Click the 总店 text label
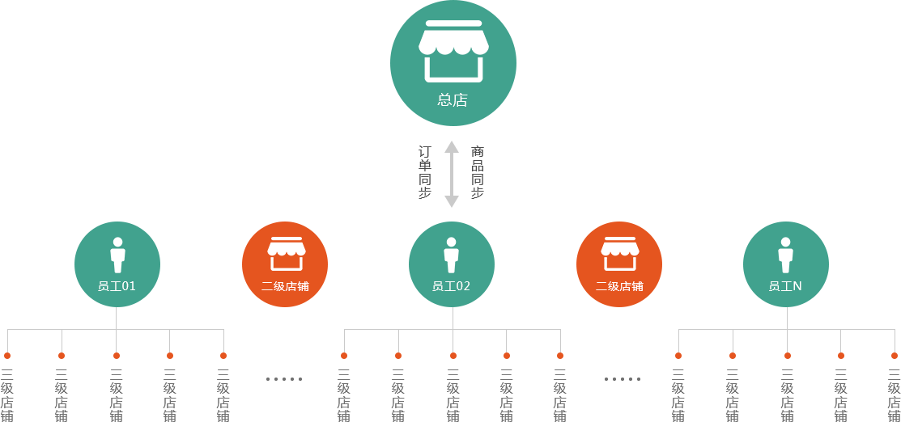click(453, 101)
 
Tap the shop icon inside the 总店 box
click(453, 51)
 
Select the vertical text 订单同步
click(425, 172)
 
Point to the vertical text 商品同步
click(478, 172)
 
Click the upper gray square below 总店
click(452, 146)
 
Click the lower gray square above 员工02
click(452, 201)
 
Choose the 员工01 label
click(117, 286)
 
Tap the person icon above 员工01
click(117, 255)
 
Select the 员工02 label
click(451, 286)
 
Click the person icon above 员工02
click(451, 255)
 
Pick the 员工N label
click(785, 286)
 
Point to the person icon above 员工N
click(785, 255)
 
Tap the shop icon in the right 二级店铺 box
click(619, 253)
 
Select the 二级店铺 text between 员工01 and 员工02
click(285, 286)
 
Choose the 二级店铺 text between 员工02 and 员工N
click(619, 286)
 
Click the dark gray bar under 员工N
click(678, 395)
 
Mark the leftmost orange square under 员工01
click(7, 355)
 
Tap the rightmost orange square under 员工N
click(894, 355)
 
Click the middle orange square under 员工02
click(453, 355)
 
